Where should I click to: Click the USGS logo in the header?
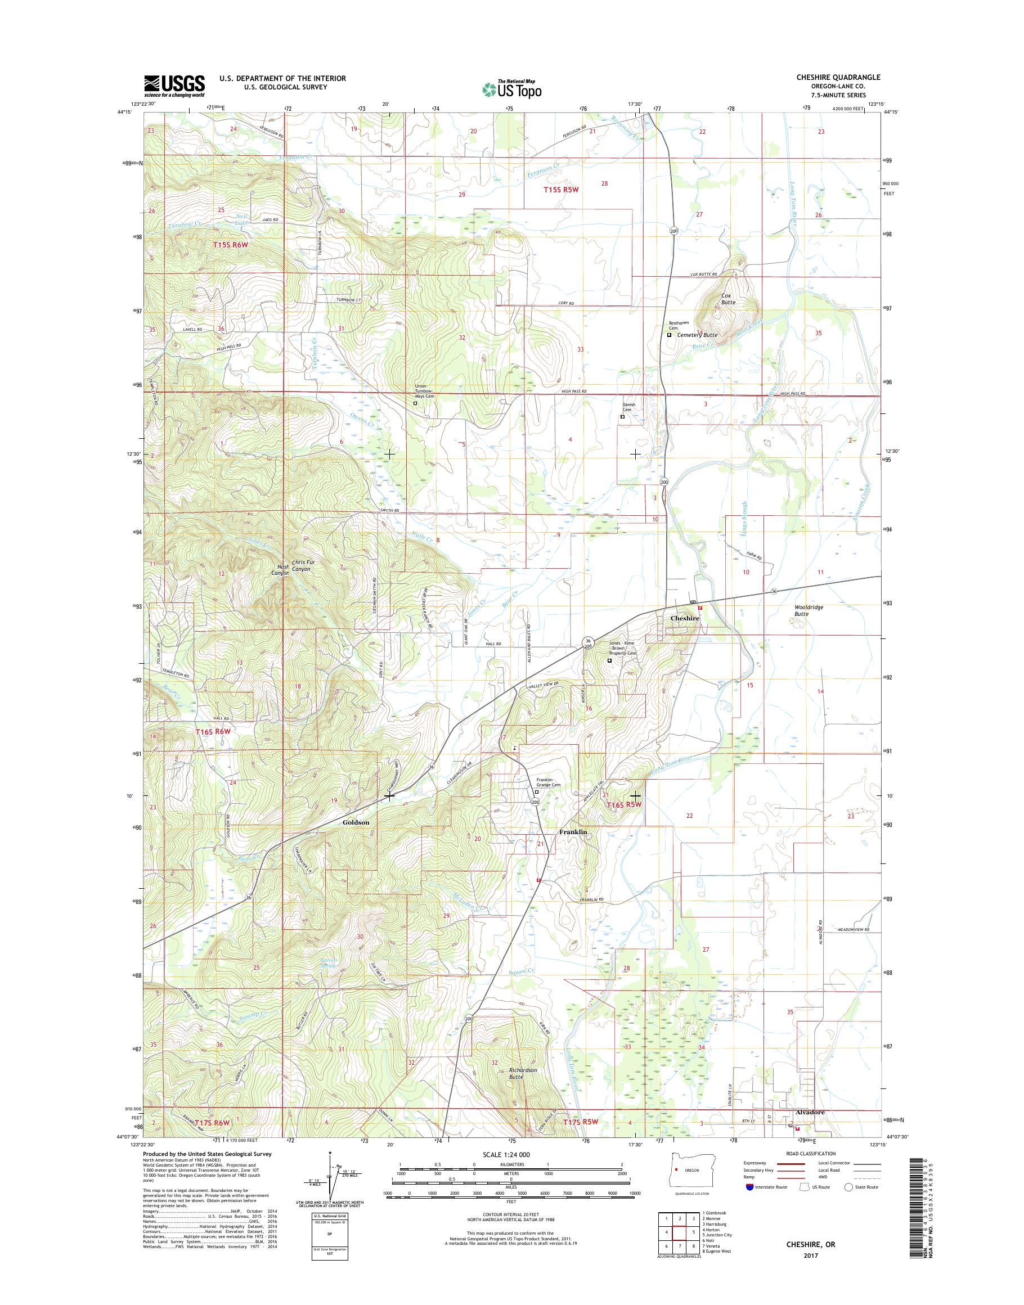click(174, 85)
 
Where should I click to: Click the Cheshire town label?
click(684, 618)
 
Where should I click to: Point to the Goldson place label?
click(356, 822)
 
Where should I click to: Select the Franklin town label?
click(573, 832)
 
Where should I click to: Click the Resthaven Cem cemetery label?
click(677, 326)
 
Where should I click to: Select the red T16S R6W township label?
click(213, 732)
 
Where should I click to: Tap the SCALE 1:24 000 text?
click(506, 1154)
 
